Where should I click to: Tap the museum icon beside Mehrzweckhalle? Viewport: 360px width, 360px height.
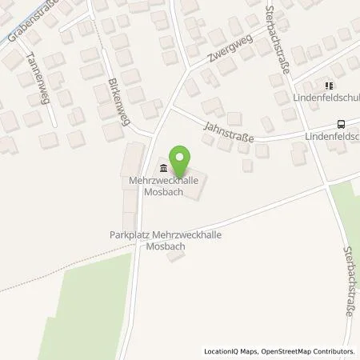pyautogui.click(x=164, y=168)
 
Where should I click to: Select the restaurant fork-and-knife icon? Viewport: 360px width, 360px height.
pyautogui.click(x=328, y=85)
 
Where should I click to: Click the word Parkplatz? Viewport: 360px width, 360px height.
pyautogui.click(x=128, y=235)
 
